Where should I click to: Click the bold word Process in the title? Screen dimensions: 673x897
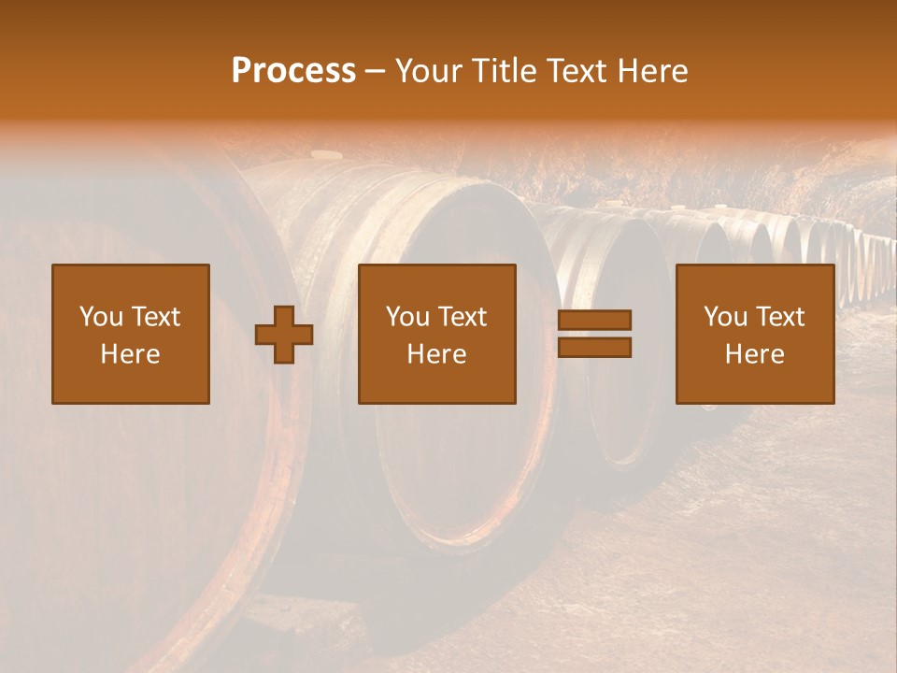[293, 71]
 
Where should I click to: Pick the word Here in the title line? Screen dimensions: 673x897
[654, 71]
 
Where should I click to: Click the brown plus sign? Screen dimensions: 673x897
[284, 335]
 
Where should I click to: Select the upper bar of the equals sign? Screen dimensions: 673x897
[594, 321]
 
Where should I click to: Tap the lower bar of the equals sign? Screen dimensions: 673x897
[594, 347]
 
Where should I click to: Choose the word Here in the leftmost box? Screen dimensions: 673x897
[130, 354]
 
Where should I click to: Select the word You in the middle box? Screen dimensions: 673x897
[406, 317]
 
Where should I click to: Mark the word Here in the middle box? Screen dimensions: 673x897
[436, 354]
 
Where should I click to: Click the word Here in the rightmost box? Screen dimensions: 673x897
[755, 354]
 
